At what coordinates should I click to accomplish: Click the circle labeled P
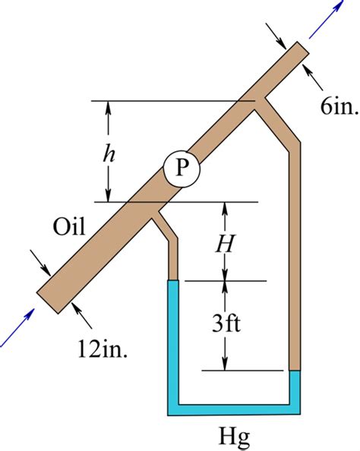click(x=182, y=169)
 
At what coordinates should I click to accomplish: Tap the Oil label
click(x=69, y=227)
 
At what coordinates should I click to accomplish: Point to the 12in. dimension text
click(x=103, y=350)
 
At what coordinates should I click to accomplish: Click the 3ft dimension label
click(x=226, y=325)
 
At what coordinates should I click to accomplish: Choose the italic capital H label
click(x=225, y=244)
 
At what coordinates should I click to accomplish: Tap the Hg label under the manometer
click(x=234, y=437)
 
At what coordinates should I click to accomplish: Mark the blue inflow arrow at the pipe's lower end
click(x=17, y=327)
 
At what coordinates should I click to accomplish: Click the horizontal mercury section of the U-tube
click(x=234, y=409)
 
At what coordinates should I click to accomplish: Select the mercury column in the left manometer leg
click(x=173, y=342)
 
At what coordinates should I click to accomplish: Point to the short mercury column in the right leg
click(x=295, y=387)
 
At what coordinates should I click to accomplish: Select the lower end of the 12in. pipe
click(x=48, y=303)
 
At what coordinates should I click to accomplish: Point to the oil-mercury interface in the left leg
click(x=173, y=280)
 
